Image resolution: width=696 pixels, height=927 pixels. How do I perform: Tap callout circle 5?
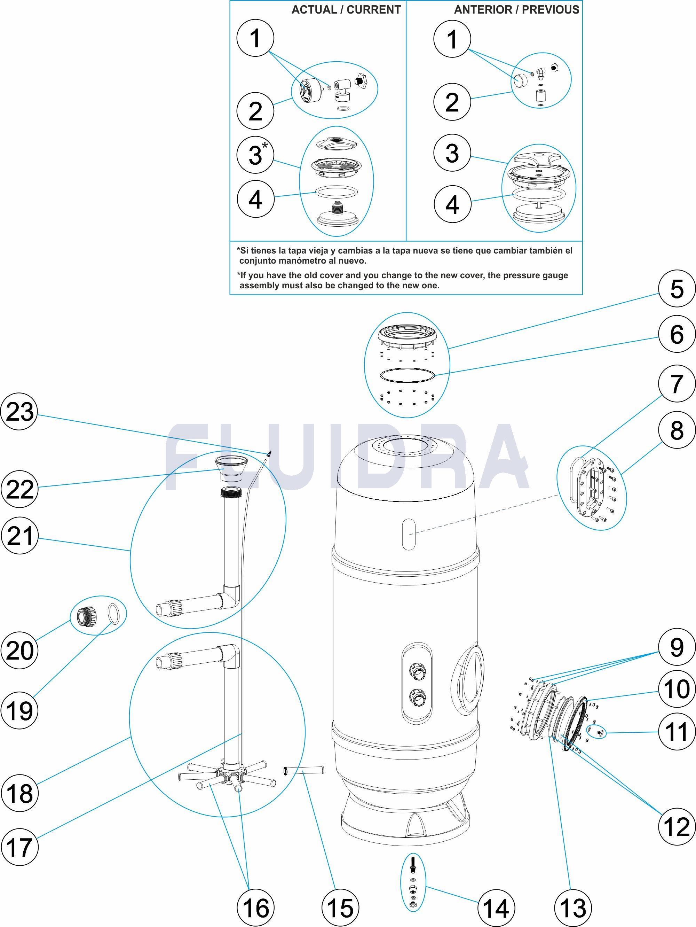coord(676,289)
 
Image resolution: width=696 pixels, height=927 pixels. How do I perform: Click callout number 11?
coord(676,732)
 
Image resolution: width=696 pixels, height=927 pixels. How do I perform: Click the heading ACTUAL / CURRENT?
coord(346,10)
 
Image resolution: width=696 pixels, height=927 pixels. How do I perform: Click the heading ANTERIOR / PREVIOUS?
coord(516,10)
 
